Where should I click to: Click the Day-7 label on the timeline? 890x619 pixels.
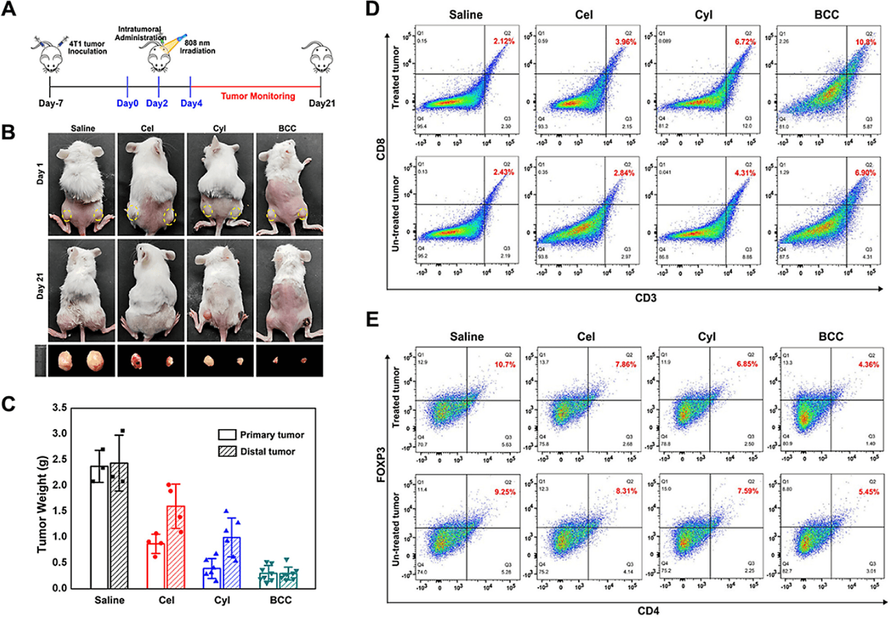click(50, 103)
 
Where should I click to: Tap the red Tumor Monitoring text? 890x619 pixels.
click(258, 96)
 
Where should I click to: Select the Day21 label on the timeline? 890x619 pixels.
click(322, 103)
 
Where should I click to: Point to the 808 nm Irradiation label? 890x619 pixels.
click(197, 47)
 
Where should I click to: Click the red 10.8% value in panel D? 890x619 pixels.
click(866, 42)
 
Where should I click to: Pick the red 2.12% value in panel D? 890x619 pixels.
click(504, 41)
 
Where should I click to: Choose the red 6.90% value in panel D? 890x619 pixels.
click(865, 173)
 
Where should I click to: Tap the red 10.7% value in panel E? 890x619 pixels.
click(505, 365)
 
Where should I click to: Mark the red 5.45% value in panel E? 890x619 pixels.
click(868, 492)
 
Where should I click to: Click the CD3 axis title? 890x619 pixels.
click(645, 298)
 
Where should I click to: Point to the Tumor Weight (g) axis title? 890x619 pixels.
click(42, 497)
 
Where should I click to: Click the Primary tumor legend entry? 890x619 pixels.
click(261, 435)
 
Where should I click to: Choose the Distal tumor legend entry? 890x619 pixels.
click(257, 451)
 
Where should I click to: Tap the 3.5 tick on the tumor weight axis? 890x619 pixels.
click(59, 408)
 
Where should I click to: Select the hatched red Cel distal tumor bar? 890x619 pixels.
click(176, 547)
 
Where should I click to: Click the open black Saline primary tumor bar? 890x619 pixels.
click(99, 527)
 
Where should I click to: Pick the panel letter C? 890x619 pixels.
click(9, 404)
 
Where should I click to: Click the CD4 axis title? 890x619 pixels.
click(648, 611)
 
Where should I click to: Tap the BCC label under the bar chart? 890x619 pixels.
click(281, 600)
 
